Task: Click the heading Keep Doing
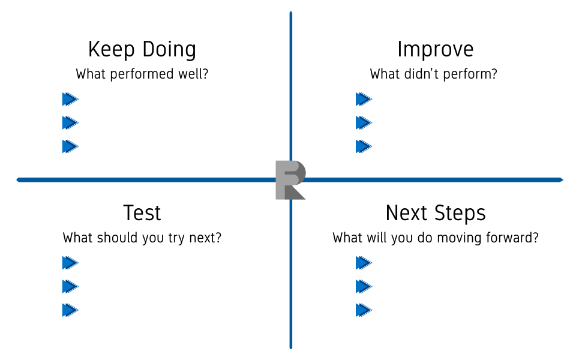142,50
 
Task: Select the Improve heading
436,49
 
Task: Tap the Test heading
142,212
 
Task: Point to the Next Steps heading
436,213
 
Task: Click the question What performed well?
142,74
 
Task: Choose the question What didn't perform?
434,74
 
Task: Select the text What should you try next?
142,238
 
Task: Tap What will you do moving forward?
436,238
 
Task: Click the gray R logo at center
290,181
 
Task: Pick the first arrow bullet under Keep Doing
70,99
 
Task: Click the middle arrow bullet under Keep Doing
70,123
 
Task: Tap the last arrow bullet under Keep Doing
70,146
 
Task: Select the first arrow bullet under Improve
364,99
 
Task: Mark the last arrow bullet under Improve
364,146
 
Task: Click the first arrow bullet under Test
70,263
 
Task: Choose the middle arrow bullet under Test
70,287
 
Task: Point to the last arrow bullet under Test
70,310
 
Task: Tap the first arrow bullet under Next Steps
364,263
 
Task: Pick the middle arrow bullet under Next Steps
364,287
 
